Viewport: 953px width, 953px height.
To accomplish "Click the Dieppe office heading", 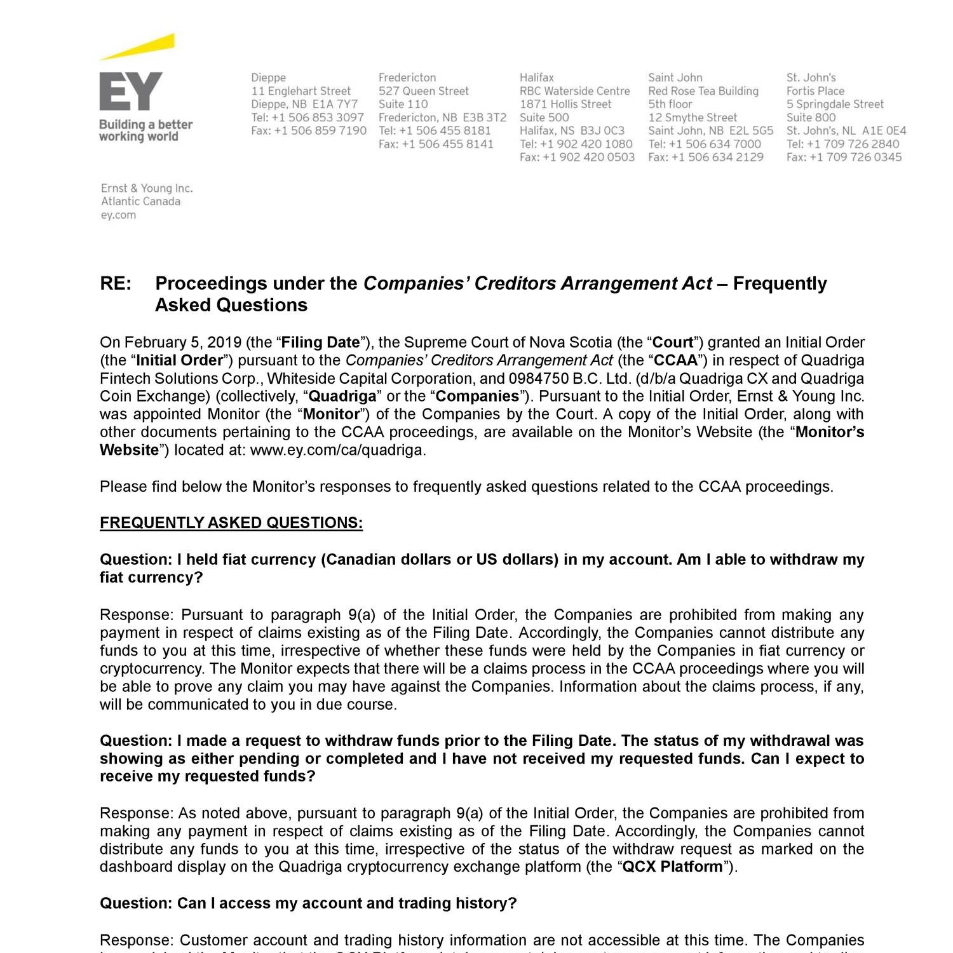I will click(268, 78).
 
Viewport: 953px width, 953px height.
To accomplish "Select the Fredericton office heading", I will click(407, 78).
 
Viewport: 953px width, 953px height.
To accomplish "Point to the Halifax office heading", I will click(537, 78).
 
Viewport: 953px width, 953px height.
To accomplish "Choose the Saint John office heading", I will click(675, 78).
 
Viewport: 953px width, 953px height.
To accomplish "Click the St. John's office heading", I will click(811, 78).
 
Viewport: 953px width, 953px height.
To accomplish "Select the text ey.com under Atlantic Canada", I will click(118, 215).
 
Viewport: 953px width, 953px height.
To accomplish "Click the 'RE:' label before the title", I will click(116, 283).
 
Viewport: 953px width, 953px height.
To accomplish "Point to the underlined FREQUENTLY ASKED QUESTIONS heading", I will click(231, 523).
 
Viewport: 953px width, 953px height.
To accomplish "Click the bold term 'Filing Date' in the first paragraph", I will click(320, 342).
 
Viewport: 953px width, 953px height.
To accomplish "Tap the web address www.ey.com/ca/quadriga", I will click(338, 450).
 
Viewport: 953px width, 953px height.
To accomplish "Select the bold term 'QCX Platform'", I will click(672, 867).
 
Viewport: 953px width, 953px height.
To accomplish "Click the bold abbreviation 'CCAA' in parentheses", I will click(676, 360).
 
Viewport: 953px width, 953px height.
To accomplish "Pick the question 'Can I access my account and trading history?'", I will click(308, 903).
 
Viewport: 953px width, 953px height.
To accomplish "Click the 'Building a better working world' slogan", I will click(145, 130).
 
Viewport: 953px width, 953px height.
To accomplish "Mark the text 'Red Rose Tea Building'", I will click(703, 91).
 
